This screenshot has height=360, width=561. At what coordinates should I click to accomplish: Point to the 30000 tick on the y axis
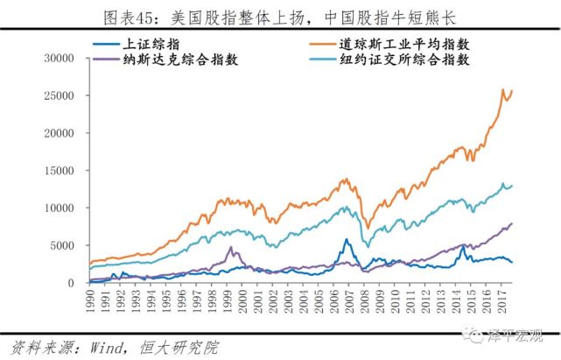coord(65,59)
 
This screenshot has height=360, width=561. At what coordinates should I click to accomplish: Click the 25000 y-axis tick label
coord(65,95)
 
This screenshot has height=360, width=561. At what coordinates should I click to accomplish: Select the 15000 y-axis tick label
coord(65,171)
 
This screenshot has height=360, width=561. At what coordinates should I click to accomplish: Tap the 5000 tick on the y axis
coord(68,245)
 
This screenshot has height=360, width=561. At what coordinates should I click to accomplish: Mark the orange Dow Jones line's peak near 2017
coord(503,89)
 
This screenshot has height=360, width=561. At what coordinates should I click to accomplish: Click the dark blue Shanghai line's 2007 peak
coord(347,239)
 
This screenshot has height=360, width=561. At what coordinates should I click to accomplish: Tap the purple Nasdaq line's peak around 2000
coord(230,248)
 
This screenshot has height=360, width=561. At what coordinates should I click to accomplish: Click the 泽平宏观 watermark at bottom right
coord(515,334)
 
